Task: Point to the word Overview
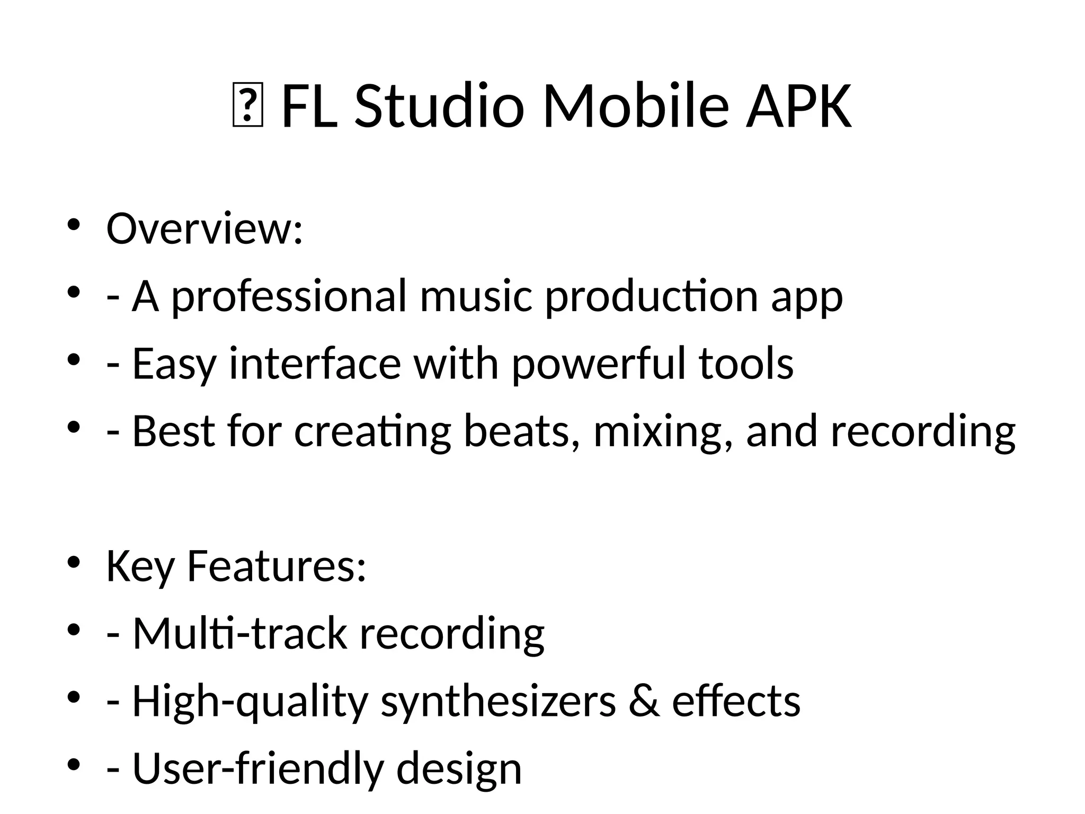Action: (204, 229)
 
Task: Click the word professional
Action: (289, 297)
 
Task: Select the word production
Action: (651, 297)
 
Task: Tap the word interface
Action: (315, 365)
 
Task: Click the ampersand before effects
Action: (644, 701)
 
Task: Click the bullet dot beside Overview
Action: (74, 224)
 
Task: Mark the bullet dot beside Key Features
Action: (74, 562)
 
